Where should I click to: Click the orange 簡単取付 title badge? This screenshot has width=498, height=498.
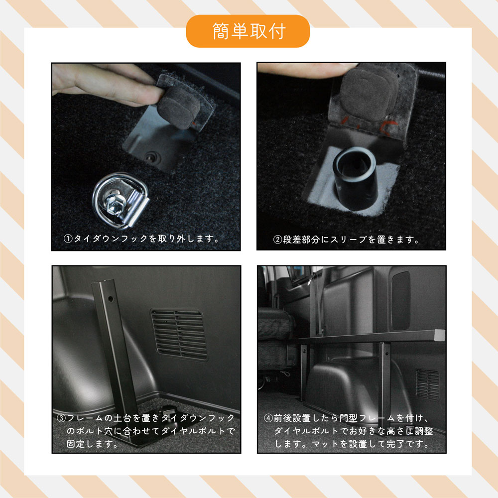(x=248, y=31)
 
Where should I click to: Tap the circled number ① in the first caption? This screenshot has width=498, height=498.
(x=68, y=239)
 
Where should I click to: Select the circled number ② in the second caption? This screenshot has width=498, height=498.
(x=278, y=240)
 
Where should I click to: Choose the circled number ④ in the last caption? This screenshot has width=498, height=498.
(x=267, y=419)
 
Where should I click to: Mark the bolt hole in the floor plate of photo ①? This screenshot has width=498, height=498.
(x=151, y=157)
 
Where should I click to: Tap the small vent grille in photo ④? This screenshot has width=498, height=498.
(x=427, y=384)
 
